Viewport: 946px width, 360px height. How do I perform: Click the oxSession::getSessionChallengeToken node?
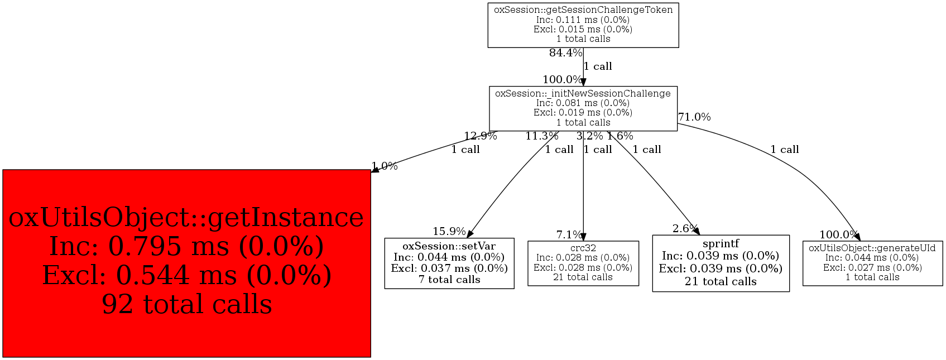[x=583, y=25]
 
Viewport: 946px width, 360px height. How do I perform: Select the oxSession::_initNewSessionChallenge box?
[x=583, y=108]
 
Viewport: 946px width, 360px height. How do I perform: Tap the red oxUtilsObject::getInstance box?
[x=186, y=263]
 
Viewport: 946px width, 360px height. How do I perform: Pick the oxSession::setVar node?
[x=449, y=263]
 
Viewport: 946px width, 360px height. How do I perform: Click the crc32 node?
[x=583, y=263]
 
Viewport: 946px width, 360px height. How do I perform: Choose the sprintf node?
[x=721, y=263]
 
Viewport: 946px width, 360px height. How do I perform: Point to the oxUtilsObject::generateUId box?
[x=872, y=263]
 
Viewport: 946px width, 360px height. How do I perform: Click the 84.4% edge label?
[x=565, y=53]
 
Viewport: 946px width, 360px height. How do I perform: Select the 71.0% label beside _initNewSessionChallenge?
[x=694, y=117]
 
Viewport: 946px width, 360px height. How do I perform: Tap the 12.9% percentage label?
[x=480, y=136]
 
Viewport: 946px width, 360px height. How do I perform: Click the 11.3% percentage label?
[x=541, y=136]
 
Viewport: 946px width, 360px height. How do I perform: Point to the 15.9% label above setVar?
[x=449, y=231]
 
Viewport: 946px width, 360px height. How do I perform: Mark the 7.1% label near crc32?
[x=569, y=235]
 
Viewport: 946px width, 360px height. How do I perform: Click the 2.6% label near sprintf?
[x=685, y=228]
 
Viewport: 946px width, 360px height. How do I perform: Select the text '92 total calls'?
[x=186, y=305]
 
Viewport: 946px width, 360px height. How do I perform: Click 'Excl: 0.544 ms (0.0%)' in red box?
[x=186, y=275]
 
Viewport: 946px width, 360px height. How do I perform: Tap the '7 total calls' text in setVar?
[x=449, y=280]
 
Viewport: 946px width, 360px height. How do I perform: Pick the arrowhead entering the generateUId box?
[x=857, y=237]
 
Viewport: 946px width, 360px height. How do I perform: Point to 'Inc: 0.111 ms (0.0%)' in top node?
[x=583, y=20]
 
